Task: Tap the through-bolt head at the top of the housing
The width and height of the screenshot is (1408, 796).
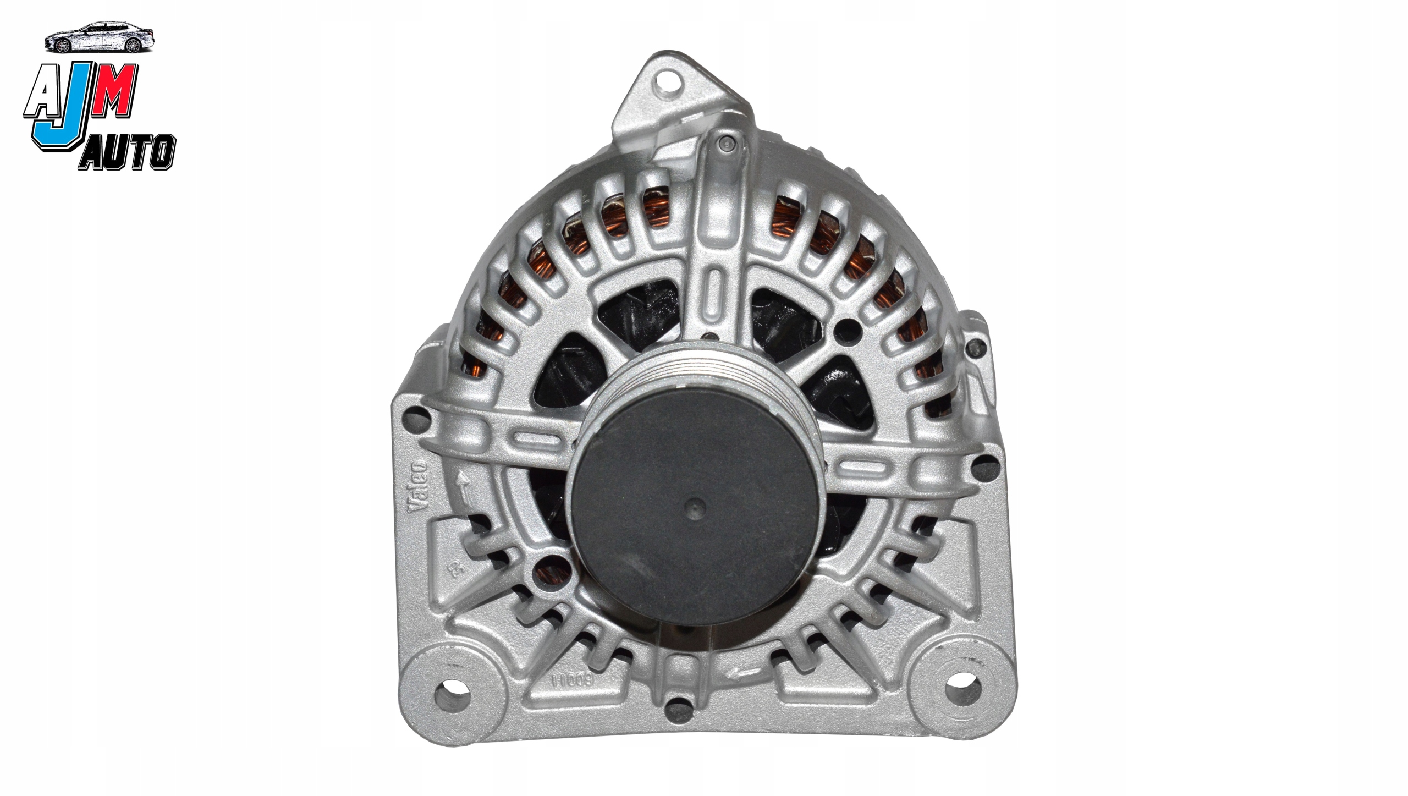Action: pyautogui.click(x=725, y=144)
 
